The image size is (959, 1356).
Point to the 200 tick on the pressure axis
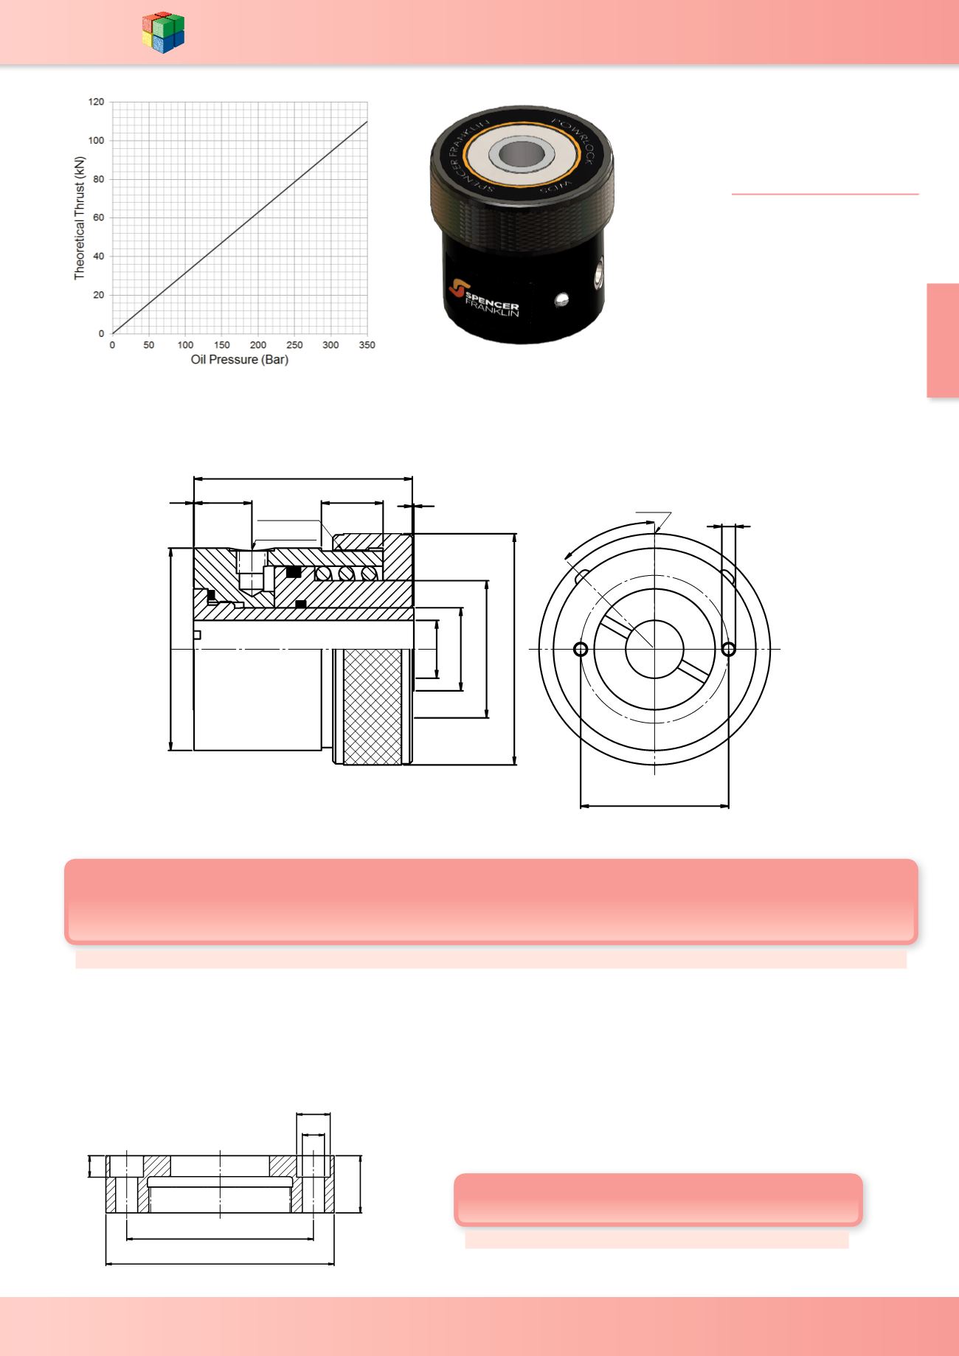click(257, 345)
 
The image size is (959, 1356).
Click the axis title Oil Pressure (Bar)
click(239, 360)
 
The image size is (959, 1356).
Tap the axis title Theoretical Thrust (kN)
click(80, 218)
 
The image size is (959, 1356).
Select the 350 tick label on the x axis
click(367, 345)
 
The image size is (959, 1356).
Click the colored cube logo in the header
click(163, 32)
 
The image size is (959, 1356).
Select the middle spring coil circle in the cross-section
click(346, 574)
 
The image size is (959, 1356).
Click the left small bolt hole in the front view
click(581, 649)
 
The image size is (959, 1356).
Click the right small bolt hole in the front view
click(729, 649)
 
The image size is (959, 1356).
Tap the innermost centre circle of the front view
click(654, 649)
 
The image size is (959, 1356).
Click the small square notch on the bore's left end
click(197, 635)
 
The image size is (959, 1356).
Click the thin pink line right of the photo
click(825, 194)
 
